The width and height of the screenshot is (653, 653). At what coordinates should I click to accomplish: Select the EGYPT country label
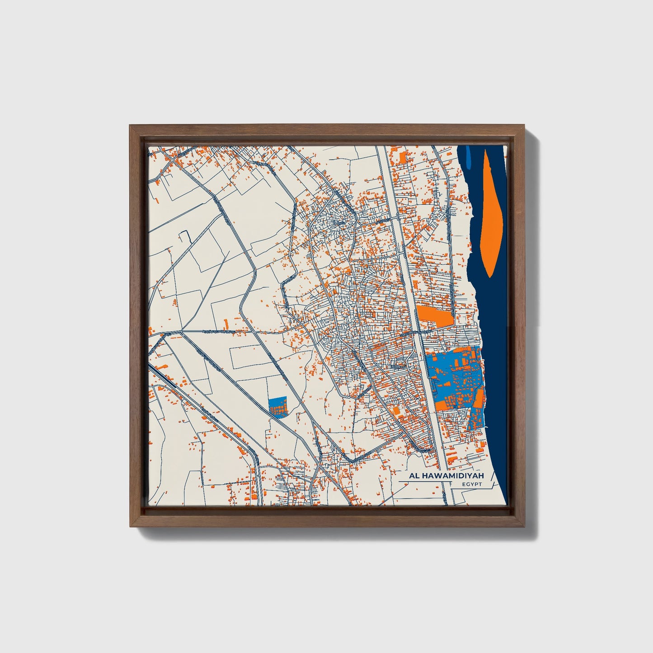[x=472, y=484]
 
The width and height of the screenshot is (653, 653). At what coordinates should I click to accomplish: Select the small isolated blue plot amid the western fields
[x=277, y=406]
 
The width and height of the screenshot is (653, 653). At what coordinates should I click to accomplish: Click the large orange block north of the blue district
[x=434, y=315]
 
